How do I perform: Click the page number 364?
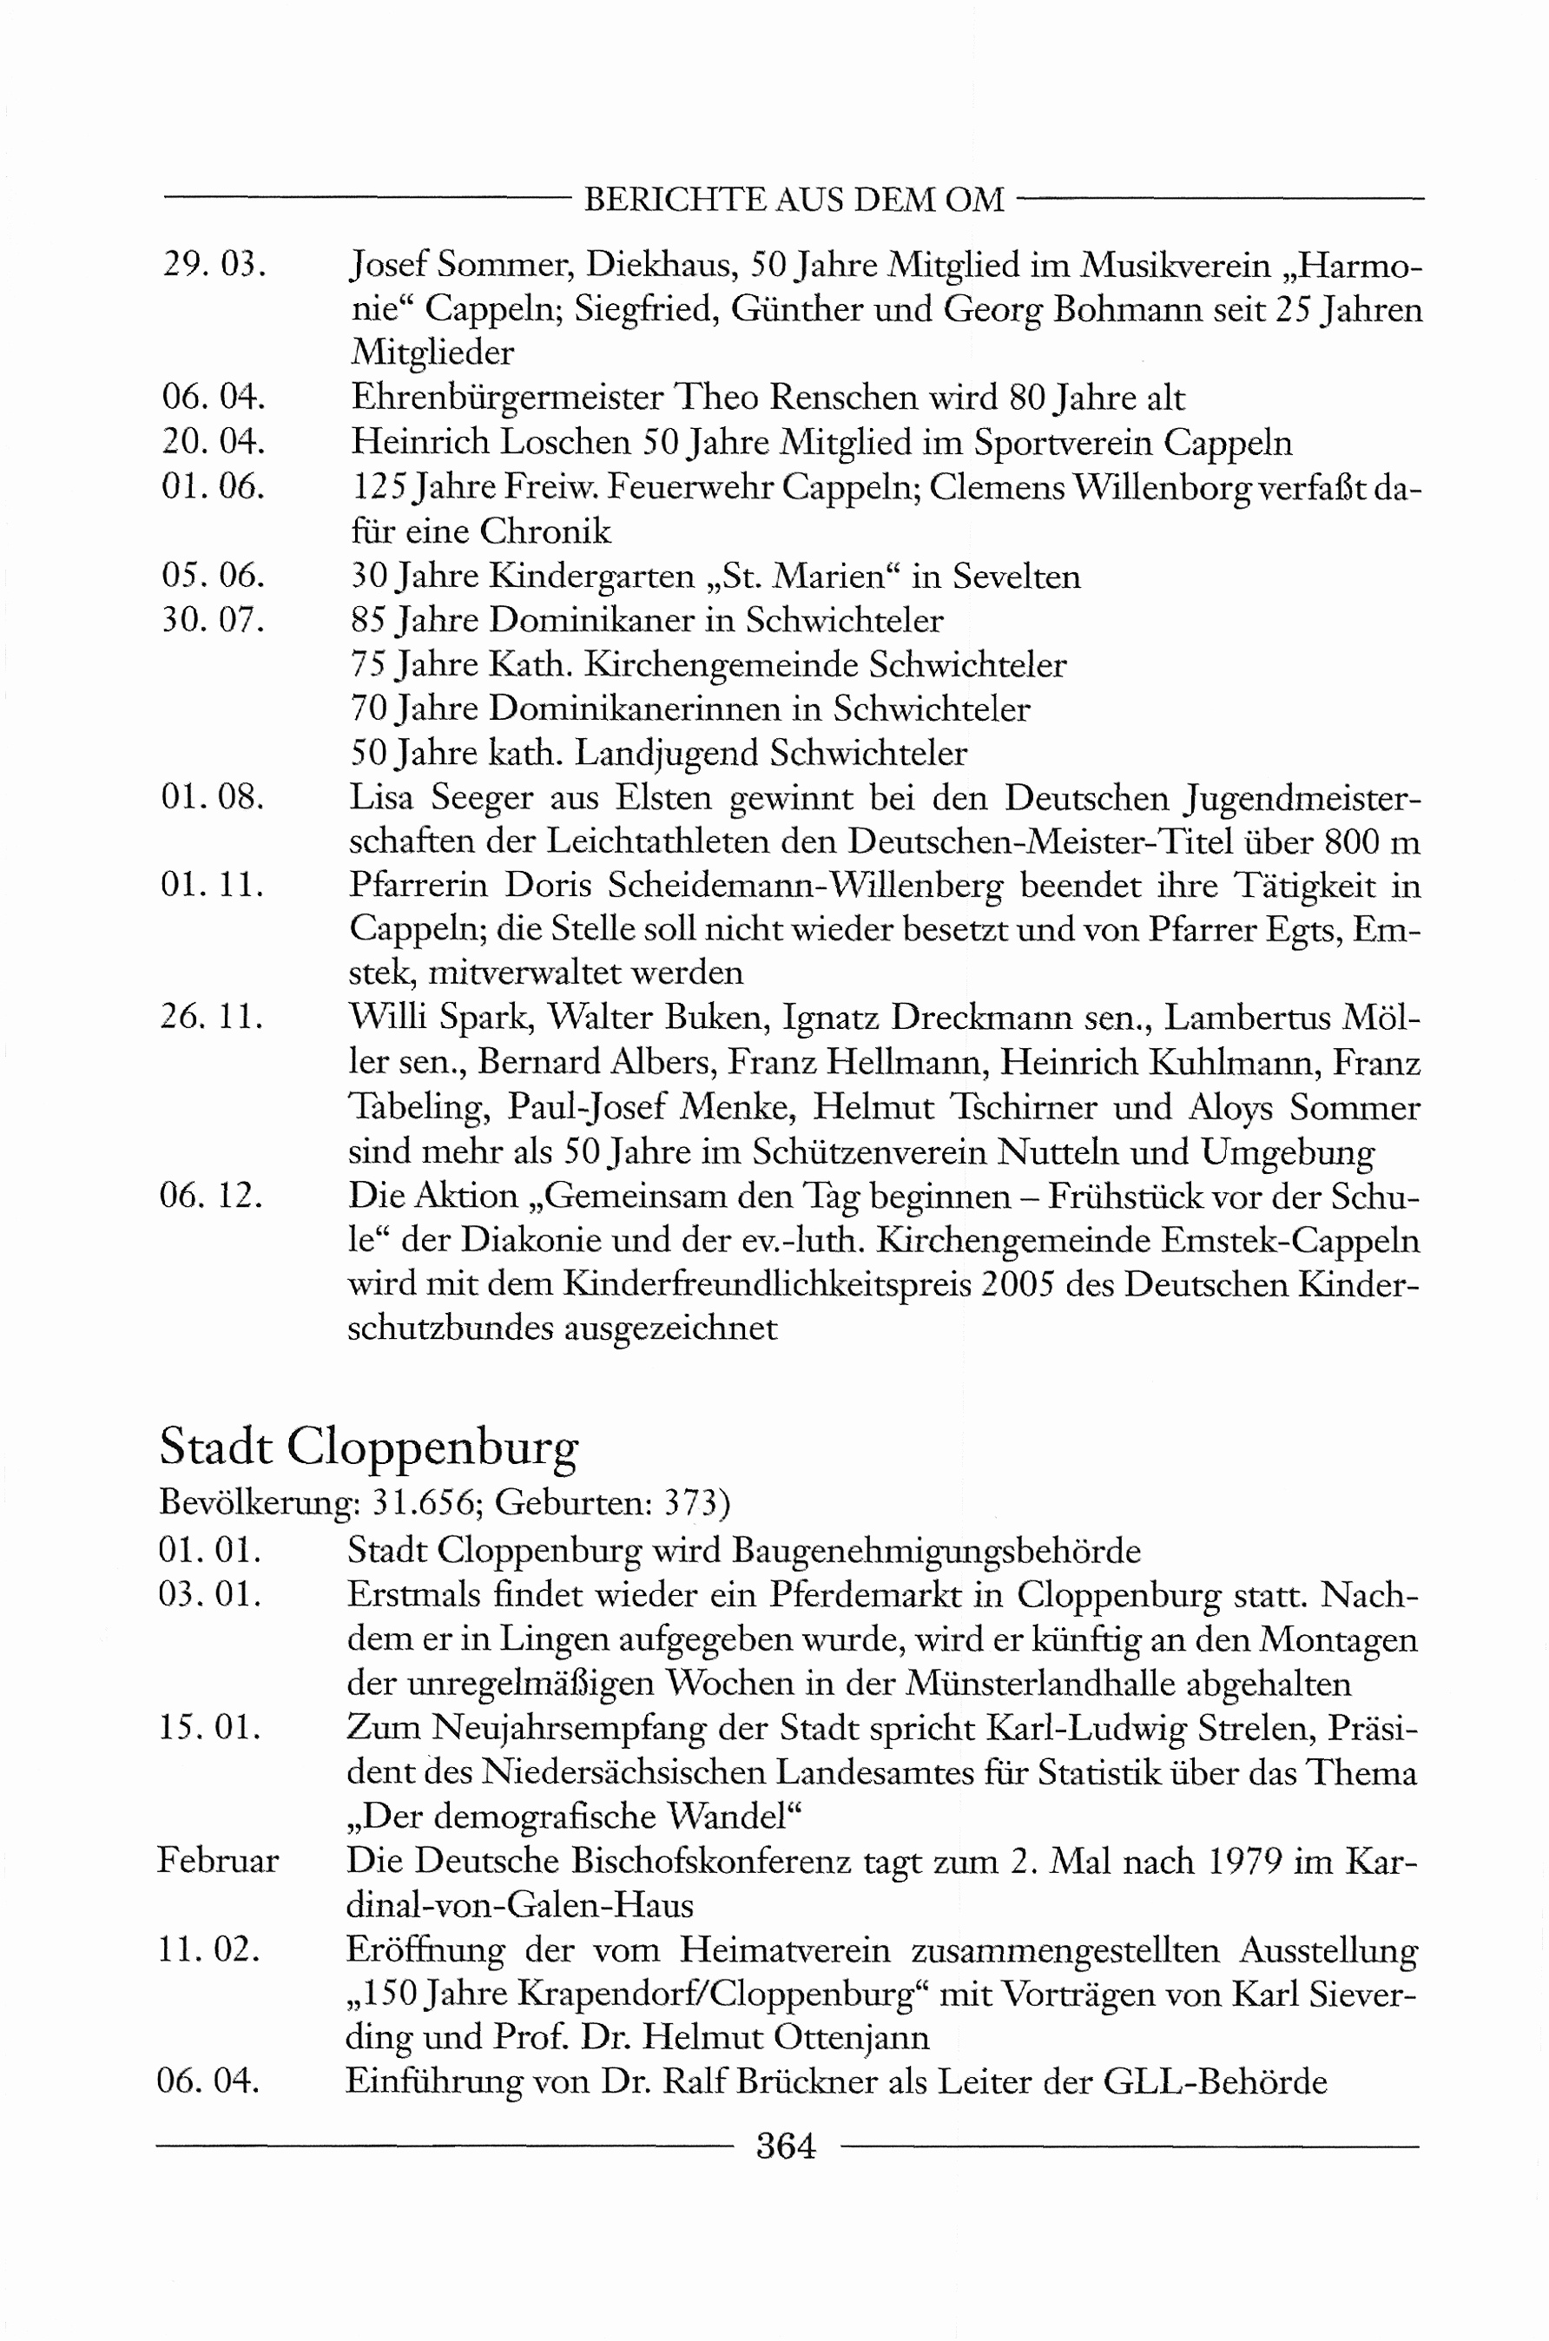click(x=786, y=2146)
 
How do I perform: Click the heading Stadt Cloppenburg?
click(x=367, y=1448)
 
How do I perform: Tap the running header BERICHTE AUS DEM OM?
click(x=794, y=201)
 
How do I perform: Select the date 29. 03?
click(x=214, y=265)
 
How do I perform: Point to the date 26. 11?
click(x=211, y=1017)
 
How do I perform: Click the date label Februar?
click(x=217, y=1861)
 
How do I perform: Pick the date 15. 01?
click(x=209, y=1728)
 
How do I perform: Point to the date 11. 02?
click(x=208, y=1950)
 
